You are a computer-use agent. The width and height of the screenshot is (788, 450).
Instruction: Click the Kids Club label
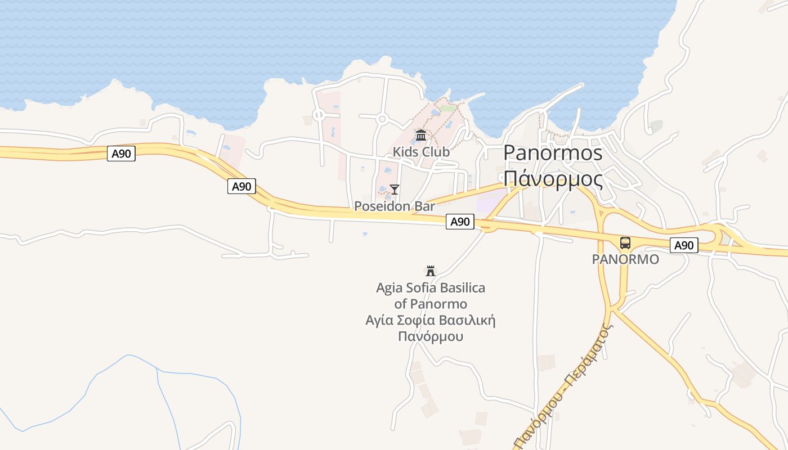pos(421,152)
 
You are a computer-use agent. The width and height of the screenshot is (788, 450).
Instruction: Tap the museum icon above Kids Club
pos(421,136)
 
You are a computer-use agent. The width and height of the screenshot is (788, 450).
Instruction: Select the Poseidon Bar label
pos(395,206)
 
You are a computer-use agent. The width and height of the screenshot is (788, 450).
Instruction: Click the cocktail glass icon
pos(395,190)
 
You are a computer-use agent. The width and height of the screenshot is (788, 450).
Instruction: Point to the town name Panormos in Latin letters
pos(553,153)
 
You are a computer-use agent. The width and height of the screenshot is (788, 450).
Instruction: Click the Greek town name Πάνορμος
pos(553,179)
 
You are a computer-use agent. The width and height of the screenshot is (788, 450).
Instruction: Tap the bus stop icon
pos(625,243)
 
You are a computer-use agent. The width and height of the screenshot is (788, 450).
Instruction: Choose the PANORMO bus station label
pos(625,259)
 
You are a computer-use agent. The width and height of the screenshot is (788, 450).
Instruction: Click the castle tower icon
pos(431,271)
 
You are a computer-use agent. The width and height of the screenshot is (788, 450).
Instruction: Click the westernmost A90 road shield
pos(121,154)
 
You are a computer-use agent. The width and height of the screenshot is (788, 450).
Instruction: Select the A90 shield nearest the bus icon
pos(684,245)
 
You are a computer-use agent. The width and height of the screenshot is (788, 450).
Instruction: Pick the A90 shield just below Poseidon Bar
pos(460,222)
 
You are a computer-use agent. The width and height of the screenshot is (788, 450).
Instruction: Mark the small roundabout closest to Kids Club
pos(382,119)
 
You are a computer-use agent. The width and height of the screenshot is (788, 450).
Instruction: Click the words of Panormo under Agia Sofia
pos(431,304)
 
